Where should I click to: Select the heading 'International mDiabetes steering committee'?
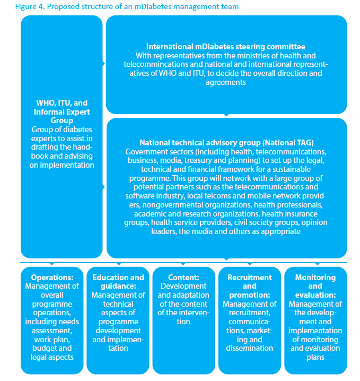pos(226,47)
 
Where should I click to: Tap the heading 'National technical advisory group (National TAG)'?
pos(226,143)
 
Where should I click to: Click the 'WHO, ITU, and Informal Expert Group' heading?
pos(62,112)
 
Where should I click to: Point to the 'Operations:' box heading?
pos(52,278)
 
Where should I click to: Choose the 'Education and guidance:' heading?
pos(118,282)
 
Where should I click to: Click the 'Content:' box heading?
pos(183,278)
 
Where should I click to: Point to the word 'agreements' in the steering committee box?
pos(226,82)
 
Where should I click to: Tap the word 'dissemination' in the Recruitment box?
pos(249,348)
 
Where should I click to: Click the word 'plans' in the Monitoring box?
pos(315,357)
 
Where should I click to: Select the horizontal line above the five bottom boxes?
pos(183,262)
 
